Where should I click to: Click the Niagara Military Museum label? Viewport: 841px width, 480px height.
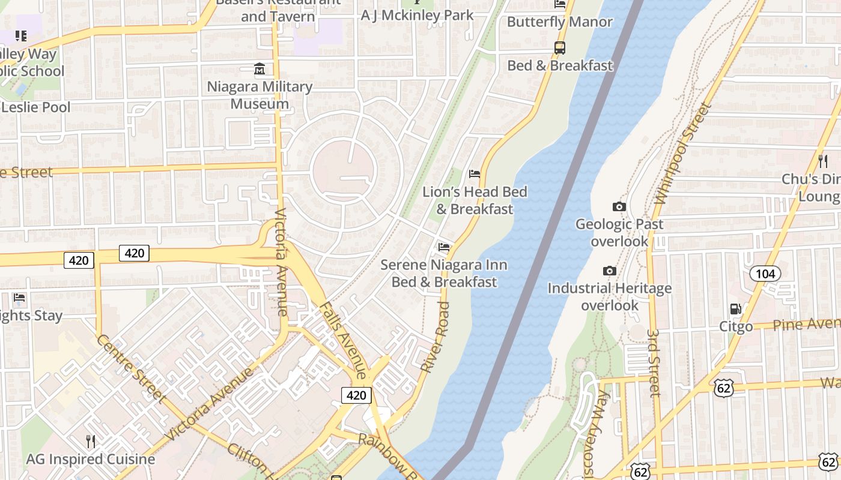pyautogui.click(x=260, y=95)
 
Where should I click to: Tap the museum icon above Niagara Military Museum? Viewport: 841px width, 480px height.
pyautogui.click(x=260, y=69)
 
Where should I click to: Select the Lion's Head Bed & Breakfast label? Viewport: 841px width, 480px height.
pyautogui.click(x=475, y=200)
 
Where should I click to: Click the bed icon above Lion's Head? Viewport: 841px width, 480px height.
pyautogui.click(x=475, y=174)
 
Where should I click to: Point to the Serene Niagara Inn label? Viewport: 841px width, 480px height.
pyautogui.click(x=445, y=273)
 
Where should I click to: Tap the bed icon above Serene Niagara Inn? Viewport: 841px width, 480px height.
pyautogui.click(x=444, y=247)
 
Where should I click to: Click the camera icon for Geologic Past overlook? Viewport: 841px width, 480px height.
pyautogui.click(x=619, y=207)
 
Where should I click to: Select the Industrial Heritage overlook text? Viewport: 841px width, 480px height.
pyautogui.click(x=610, y=296)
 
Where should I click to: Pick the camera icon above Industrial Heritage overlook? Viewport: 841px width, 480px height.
pyautogui.click(x=610, y=271)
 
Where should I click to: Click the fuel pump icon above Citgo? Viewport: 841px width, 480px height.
pyautogui.click(x=735, y=309)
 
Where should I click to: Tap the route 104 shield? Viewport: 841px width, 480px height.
pyautogui.click(x=765, y=274)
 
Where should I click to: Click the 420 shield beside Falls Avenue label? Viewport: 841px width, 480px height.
pyautogui.click(x=356, y=395)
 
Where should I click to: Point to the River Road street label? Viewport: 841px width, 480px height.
pyautogui.click(x=436, y=337)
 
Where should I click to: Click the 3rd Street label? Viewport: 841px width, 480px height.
pyautogui.click(x=654, y=362)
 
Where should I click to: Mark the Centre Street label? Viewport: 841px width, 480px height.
pyautogui.click(x=130, y=368)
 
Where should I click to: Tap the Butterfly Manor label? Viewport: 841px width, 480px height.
pyautogui.click(x=559, y=22)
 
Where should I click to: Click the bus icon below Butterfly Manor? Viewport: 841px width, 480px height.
pyautogui.click(x=559, y=47)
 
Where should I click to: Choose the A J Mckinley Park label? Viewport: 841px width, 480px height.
pyautogui.click(x=417, y=16)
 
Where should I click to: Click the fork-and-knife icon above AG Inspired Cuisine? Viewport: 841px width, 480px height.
pyautogui.click(x=91, y=442)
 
